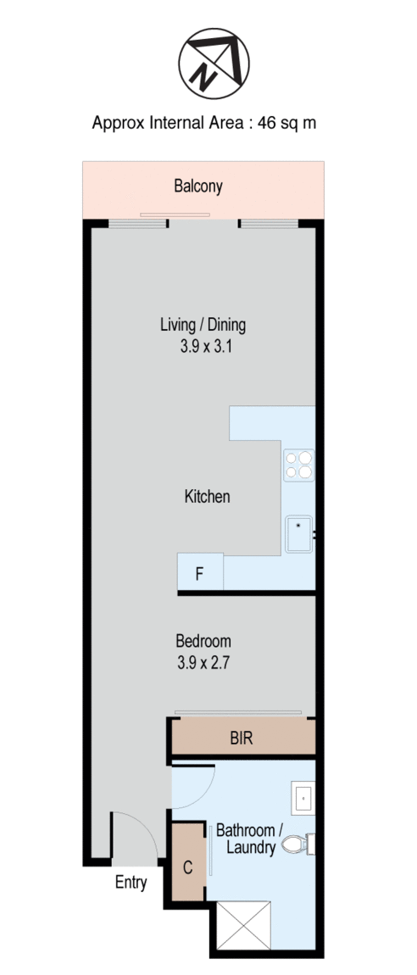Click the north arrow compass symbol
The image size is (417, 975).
pyautogui.click(x=214, y=64)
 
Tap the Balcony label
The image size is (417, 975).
pyautogui.click(x=198, y=186)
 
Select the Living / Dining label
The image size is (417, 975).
pyautogui.click(x=203, y=324)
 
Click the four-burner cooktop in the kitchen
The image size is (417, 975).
pyautogui.click(x=299, y=465)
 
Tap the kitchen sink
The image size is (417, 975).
pyautogui.click(x=299, y=534)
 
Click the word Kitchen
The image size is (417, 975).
pyautogui.click(x=208, y=496)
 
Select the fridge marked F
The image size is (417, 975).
pyautogui.click(x=200, y=571)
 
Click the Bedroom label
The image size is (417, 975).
pyautogui.click(x=203, y=640)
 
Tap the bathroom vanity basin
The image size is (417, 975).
pyautogui.click(x=303, y=797)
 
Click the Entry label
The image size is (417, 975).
pyautogui.click(x=131, y=882)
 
